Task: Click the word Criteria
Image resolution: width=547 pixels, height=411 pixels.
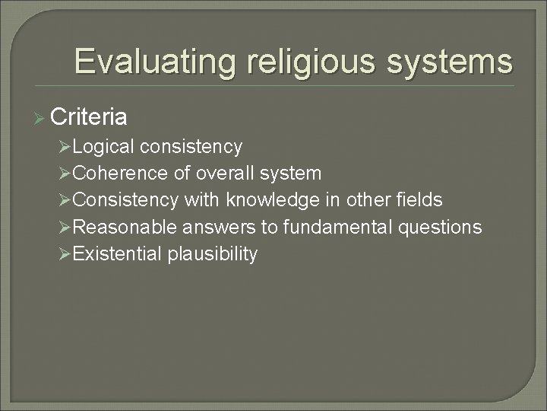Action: (x=88, y=117)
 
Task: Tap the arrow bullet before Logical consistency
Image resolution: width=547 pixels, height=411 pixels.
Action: (x=65, y=146)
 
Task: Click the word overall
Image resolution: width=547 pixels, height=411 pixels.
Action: (x=226, y=173)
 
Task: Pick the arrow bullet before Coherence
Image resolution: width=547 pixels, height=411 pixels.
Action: (x=65, y=174)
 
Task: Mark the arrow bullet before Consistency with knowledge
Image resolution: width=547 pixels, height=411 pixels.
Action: (x=65, y=201)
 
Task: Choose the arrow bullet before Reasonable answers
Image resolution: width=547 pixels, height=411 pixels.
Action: (x=65, y=228)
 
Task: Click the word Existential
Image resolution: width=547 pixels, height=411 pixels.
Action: (x=118, y=253)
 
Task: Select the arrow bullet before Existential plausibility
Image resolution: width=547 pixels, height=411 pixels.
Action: (x=65, y=254)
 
